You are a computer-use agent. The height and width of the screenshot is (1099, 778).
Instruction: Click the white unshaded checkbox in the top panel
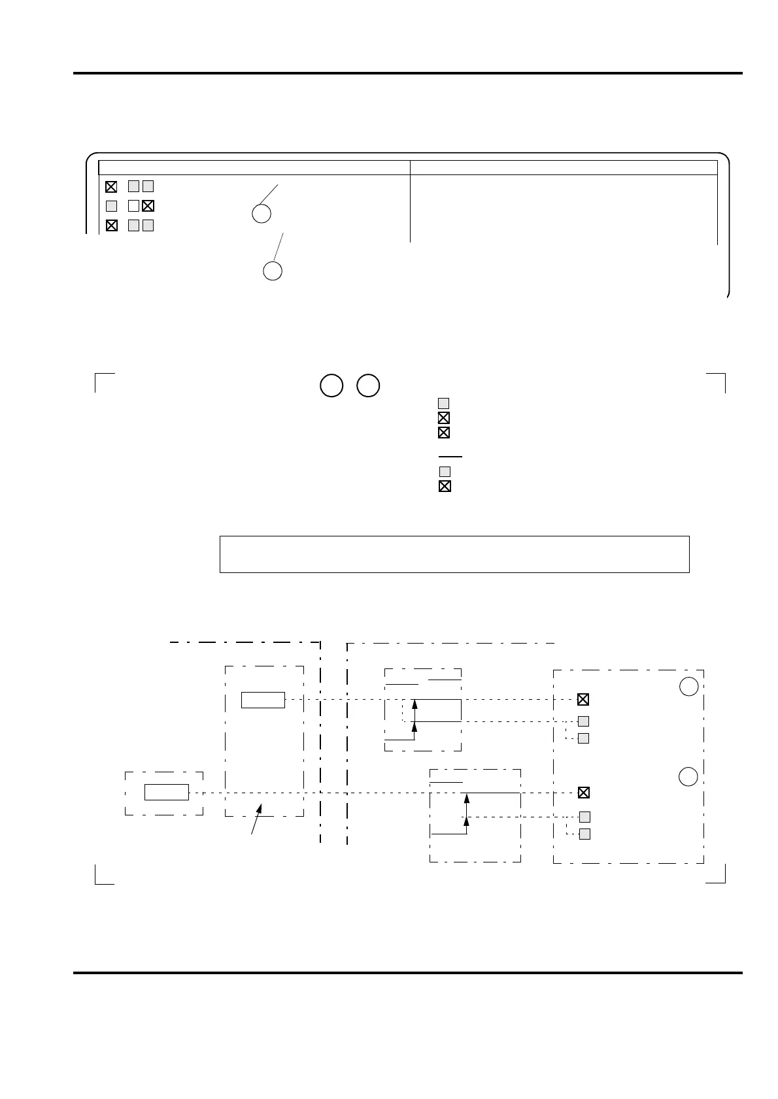tap(133, 206)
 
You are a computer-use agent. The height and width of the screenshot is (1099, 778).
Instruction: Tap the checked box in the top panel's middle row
tap(148, 206)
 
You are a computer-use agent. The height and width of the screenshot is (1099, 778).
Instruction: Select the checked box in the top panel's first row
tap(111, 186)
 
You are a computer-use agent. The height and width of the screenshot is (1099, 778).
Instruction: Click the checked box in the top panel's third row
tap(112, 226)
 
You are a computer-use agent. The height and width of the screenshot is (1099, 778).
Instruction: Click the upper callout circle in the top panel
tap(262, 214)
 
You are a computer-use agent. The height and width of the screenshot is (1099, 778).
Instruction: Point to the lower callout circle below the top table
tap(273, 271)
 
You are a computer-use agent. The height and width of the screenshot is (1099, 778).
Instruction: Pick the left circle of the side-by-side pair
tap(331, 385)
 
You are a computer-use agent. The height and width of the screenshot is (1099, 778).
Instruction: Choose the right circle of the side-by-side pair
tap(369, 385)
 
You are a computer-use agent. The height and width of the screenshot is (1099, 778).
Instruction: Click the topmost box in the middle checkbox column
tap(443, 403)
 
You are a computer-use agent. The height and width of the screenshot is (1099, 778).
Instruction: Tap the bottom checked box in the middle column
tap(445, 486)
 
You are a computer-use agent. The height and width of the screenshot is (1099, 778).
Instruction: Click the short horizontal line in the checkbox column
tap(450, 457)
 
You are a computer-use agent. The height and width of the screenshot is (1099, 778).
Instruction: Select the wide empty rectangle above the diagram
tap(454, 554)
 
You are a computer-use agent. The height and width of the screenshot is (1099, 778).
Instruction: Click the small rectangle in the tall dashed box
tap(263, 700)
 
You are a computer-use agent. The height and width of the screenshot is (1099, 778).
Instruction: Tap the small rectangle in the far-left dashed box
tap(167, 792)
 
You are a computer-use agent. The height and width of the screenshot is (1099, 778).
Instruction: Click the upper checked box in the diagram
tap(583, 699)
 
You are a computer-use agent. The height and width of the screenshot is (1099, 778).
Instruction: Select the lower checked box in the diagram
tap(584, 793)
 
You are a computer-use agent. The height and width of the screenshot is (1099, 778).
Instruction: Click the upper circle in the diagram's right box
tap(688, 686)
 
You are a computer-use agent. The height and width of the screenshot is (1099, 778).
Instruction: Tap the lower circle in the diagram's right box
tap(688, 777)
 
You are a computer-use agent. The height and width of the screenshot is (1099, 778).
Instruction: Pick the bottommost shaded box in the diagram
tap(585, 834)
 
